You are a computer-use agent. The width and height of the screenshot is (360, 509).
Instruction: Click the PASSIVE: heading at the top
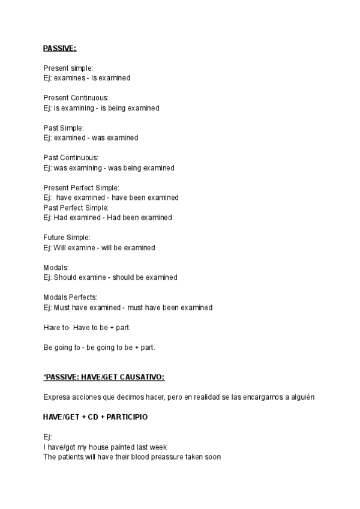click(59, 48)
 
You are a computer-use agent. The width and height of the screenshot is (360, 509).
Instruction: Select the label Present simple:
click(68, 68)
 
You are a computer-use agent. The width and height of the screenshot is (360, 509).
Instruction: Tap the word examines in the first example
click(70, 78)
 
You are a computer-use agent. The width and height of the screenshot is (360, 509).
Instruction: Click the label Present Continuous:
click(76, 98)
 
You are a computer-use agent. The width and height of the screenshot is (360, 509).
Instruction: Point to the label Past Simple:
click(64, 128)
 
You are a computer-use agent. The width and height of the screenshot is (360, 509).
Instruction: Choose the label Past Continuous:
click(71, 158)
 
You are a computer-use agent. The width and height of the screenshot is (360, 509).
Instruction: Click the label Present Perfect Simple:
click(82, 188)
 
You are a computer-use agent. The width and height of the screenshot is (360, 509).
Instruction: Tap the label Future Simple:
click(67, 238)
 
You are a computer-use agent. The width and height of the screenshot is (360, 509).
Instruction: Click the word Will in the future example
click(60, 247)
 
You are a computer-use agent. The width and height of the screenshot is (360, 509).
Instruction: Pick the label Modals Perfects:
click(70, 297)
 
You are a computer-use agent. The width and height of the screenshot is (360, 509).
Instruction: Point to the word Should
click(65, 277)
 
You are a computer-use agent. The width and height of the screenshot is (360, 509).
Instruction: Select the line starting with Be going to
click(99, 347)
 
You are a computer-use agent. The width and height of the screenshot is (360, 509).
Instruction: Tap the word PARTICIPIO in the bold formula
click(127, 417)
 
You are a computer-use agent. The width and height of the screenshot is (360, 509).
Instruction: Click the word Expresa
click(56, 397)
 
